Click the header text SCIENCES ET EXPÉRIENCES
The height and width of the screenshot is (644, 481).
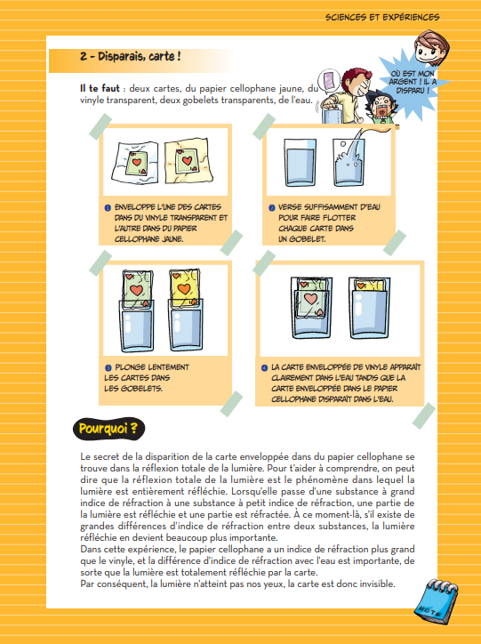click(x=382, y=17)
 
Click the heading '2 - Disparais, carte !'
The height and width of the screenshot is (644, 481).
click(x=130, y=56)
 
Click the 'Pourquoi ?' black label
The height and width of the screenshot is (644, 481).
click(x=108, y=429)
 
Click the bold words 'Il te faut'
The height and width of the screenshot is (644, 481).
click(x=98, y=89)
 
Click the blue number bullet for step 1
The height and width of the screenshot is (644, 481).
click(x=107, y=206)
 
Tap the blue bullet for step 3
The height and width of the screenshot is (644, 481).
click(x=107, y=366)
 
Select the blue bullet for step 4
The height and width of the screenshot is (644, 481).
click(x=265, y=366)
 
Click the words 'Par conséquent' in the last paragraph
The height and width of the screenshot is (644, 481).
click(x=109, y=584)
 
